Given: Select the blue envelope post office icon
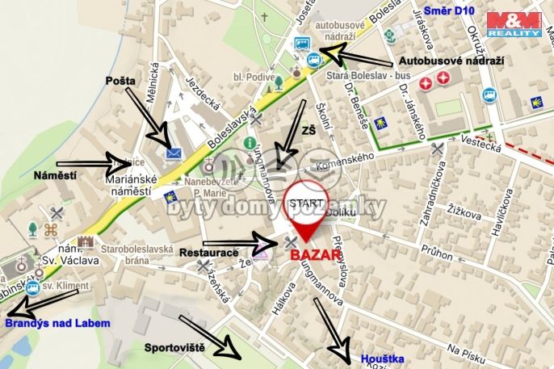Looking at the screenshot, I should tap(172, 151).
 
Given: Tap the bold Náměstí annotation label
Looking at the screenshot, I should tap(56, 174).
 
